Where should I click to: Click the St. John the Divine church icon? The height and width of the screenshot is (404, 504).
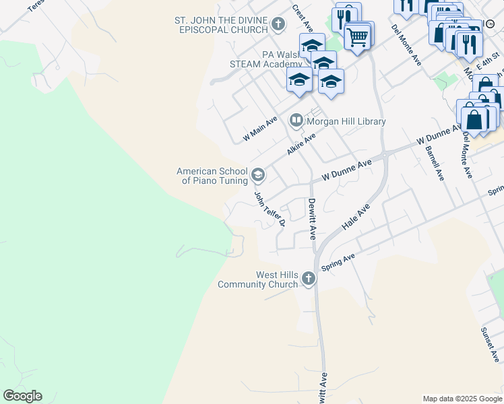[x=278, y=26]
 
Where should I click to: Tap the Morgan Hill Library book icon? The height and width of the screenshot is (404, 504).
[x=296, y=121]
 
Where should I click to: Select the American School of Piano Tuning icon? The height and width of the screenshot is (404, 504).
[x=257, y=176]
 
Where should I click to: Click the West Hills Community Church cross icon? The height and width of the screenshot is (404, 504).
[x=308, y=278]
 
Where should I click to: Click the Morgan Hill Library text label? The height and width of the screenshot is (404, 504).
[x=346, y=122]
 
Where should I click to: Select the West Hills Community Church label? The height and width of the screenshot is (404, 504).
[x=257, y=279]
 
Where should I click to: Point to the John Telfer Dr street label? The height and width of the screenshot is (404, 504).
[x=270, y=208]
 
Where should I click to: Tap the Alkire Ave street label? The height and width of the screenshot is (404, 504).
[x=301, y=144]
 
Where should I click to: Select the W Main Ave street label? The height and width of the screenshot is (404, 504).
[x=261, y=129]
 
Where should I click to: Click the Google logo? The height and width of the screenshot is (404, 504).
[x=22, y=396]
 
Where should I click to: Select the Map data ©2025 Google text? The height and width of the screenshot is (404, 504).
[x=462, y=399]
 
